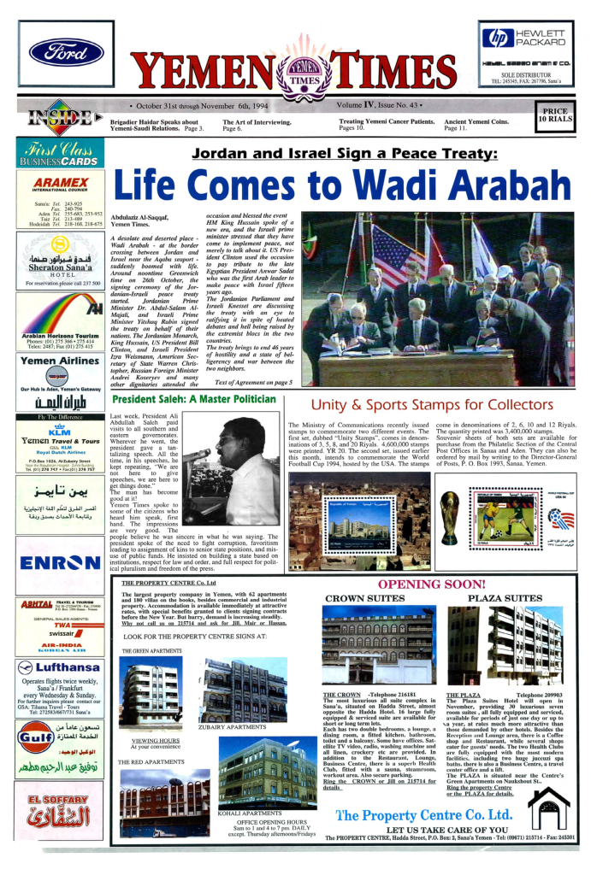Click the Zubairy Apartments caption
point(232,727)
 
